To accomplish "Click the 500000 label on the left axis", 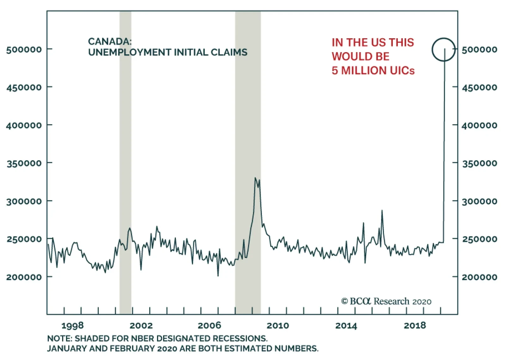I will coord(24,50).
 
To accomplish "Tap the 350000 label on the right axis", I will coord(479,163).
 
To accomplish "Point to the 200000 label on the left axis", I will coord(24,277).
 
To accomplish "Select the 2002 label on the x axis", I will coord(141,326).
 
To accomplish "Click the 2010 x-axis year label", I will coord(278,326).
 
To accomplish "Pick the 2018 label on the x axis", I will coord(415,326).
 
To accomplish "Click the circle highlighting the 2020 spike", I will coord(444,50).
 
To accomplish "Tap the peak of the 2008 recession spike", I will coord(255,178).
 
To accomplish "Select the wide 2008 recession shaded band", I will coord(248,126).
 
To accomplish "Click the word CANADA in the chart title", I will coord(109,41).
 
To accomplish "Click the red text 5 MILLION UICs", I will coord(373,70).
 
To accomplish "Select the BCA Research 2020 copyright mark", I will coord(386,301).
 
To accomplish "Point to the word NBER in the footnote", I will coord(139,339).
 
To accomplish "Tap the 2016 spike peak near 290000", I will coord(382,211).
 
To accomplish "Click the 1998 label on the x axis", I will coord(72,326).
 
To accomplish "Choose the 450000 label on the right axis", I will coord(479,87).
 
